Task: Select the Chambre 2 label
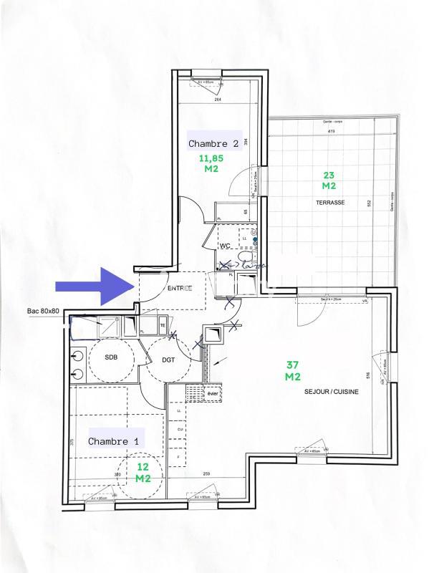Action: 213,143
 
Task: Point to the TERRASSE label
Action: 330,203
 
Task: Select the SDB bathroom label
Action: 111,357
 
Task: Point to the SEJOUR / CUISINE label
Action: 331,393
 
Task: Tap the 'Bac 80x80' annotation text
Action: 42,312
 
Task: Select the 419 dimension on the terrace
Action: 332,133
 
